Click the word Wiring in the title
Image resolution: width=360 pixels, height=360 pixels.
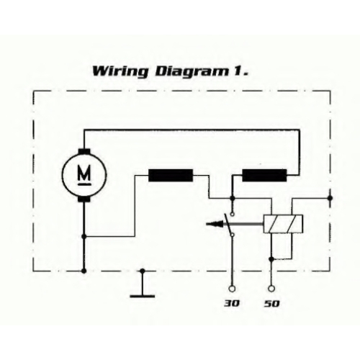tap(120, 72)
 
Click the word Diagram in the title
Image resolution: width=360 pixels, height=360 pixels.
tap(192, 72)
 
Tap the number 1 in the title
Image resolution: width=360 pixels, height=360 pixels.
tap(238, 71)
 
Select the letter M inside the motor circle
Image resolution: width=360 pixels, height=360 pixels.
tap(84, 173)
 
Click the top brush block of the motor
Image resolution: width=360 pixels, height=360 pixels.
tap(84, 151)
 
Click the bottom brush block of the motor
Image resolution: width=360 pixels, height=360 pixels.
tap(84, 199)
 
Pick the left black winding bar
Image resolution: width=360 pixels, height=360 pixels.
tap(171, 175)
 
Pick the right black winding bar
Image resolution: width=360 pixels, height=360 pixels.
tap(264, 175)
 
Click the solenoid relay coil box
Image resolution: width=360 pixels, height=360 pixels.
tap(283, 224)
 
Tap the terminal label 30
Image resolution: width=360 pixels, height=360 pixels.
tap(232, 304)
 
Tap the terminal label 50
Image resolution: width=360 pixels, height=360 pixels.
tap(272, 304)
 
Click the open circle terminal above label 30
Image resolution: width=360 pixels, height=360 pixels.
tap(232, 289)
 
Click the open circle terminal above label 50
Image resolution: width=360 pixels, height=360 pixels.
tap(271, 289)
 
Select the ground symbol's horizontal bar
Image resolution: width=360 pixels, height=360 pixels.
tap(143, 296)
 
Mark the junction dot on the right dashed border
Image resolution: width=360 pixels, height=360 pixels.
tap(330, 198)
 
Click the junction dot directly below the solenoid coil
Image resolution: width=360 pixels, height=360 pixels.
tap(271, 259)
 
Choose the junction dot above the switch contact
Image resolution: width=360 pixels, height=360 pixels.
tap(232, 198)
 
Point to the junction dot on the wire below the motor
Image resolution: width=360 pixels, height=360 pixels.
tap(84, 237)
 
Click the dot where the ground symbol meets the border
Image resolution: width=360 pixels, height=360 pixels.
tap(143, 271)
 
